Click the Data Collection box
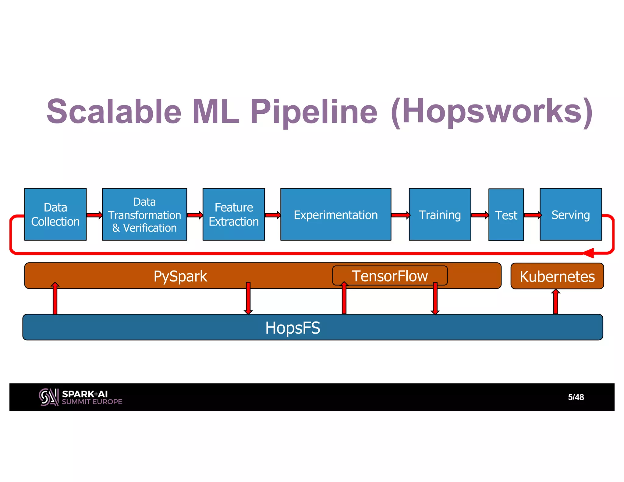pos(55,214)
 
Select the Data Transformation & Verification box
pos(144,214)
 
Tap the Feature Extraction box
pos(234,214)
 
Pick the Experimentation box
pos(335,214)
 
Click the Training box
pos(440,214)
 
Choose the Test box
pos(506,215)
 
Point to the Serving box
pos(571,214)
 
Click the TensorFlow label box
pos(390,275)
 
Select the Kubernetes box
pos(557,276)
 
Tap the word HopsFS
pos(292,328)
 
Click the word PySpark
pos(180,276)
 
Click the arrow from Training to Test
pos(480,215)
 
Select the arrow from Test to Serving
pos(532,215)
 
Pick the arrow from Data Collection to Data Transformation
pos(94,215)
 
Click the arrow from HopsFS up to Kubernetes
pos(556,302)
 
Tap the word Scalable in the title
pos(114,112)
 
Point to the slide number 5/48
pos(576,397)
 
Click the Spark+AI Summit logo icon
pos(48,397)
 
